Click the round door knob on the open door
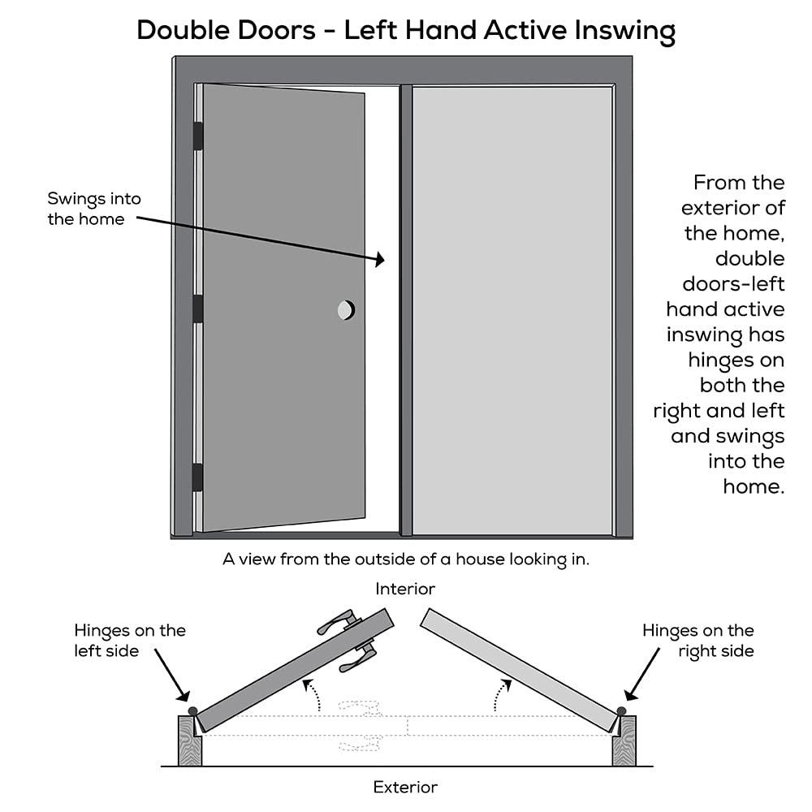pos(346,309)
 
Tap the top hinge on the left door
pos(197,136)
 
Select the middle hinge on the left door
pos(197,309)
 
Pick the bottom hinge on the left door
pos(197,477)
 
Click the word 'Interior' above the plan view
pos(405,589)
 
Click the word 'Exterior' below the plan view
pos(405,787)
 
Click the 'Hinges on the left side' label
pos(130,640)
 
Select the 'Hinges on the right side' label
pos(698,640)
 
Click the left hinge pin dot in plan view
pos(192,710)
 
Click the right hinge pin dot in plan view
pos(621,711)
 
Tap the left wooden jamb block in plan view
pos(189,741)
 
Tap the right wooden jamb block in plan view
pos(624,741)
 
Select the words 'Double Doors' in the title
pos(228,31)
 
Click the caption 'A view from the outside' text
pos(405,559)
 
